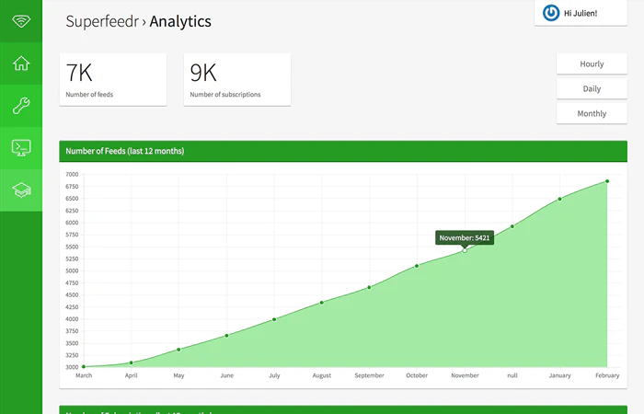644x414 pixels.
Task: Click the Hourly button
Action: (592, 64)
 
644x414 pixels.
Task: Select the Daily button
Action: (592, 89)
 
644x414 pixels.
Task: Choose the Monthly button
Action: (592, 114)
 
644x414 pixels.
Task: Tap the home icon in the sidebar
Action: (21, 63)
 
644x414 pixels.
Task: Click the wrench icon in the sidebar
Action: (21, 106)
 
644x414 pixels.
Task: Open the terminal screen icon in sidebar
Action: (21, 147)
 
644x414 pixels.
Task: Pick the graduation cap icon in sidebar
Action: (21, 190)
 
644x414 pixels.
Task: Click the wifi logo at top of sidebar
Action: (21, 21)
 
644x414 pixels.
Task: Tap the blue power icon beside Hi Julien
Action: (551, 13)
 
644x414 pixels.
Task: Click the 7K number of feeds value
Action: (79, 74)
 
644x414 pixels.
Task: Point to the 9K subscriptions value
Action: (203, 74)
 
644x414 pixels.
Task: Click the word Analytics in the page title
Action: (180, 21)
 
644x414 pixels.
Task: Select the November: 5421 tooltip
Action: (465, 237)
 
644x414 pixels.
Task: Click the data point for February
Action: (607, 181)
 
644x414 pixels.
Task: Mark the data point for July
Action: (274, 319)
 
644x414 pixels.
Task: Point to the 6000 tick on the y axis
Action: (72, 223)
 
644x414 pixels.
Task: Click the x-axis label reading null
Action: (512, 375)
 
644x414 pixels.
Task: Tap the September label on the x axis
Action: (369, 375)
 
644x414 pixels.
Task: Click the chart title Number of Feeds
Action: (124, 151)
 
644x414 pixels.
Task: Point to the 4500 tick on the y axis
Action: (72, 295)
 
